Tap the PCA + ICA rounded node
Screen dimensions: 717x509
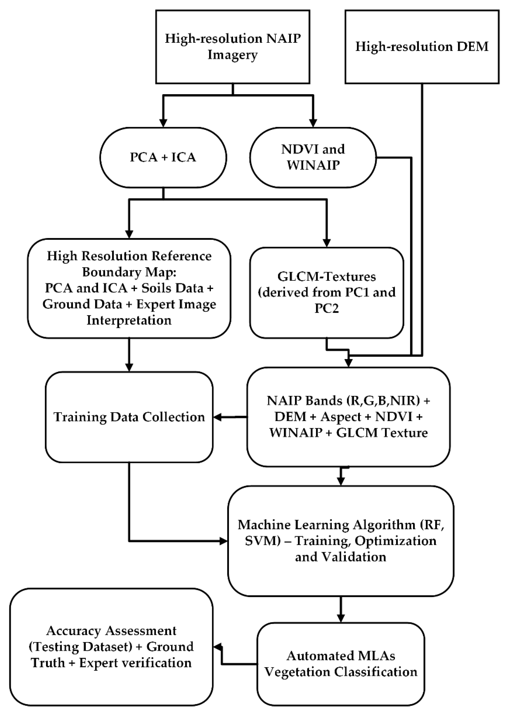point(163,157)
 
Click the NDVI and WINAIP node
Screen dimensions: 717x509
point(313,157)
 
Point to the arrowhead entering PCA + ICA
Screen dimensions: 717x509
point(163,123)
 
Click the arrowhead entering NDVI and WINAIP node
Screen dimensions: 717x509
point(313,123)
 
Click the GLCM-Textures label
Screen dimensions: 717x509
point(327,277)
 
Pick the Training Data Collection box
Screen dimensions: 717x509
point(129,417)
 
